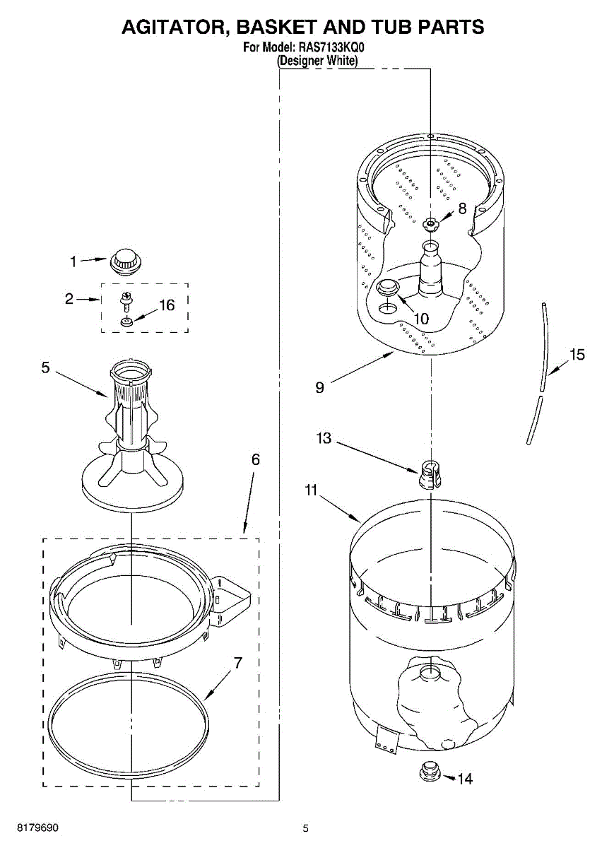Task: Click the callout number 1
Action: pos(72,261)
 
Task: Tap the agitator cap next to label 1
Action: pos(125,259)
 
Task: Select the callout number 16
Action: pos(166,305)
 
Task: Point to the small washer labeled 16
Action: pos(125,323)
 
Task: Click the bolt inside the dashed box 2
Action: pos(124,300)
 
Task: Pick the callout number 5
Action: pos(45,367)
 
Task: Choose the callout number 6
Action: pos(255,459)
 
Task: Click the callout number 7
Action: pos(238,663)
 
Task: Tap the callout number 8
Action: pos(462,208)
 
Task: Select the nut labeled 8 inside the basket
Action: pos(430,224)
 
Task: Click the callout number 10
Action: pos(420,318)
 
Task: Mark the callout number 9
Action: pos(320,387)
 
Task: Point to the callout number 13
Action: pos(324,438)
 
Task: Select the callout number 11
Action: pos(312,490)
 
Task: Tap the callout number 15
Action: pos(577,355)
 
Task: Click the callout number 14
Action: pos(464,779)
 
